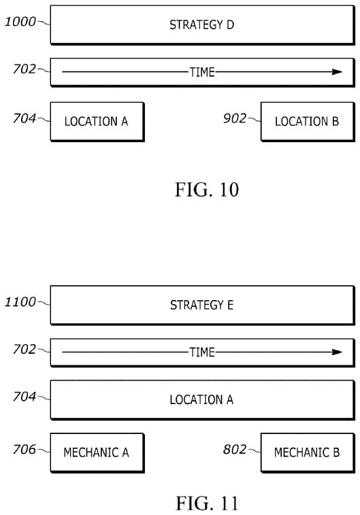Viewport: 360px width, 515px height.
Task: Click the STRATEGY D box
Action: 202,24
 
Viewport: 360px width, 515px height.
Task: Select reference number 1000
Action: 20,22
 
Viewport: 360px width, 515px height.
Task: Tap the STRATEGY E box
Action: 202,305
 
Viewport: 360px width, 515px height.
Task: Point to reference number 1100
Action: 20,302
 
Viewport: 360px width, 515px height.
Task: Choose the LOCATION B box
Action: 308,122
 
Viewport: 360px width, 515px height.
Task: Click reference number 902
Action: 235,118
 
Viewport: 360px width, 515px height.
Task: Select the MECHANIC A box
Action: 97,452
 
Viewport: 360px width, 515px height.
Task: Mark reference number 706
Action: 24,449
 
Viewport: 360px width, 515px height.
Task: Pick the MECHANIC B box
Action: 308,452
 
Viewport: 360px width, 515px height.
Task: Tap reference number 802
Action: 235,449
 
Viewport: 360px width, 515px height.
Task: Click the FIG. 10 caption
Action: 207,190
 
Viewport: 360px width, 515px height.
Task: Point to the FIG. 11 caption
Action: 207,503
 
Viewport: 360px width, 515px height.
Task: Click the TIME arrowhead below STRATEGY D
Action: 338,71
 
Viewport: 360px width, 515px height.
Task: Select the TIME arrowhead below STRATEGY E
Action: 338,352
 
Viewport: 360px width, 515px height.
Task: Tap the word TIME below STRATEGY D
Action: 202,72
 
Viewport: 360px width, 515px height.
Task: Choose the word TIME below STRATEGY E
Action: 202,352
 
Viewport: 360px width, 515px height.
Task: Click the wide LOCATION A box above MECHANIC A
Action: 202,400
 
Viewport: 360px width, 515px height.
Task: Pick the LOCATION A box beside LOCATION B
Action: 97,122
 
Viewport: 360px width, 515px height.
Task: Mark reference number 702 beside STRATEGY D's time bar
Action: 24,69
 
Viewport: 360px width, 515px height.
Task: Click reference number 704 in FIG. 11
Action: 24,397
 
